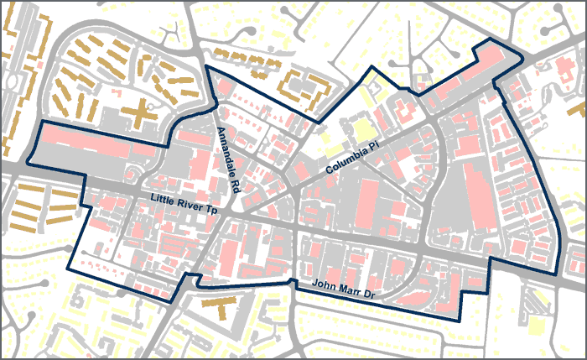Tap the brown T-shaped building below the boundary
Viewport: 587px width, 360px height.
click(221, 304)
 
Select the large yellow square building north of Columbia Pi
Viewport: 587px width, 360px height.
click(363, 131)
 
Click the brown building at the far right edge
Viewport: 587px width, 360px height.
click(578, 107)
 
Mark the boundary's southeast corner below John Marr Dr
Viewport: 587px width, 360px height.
click(460, 321)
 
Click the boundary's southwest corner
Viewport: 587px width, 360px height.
click(68, 269)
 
